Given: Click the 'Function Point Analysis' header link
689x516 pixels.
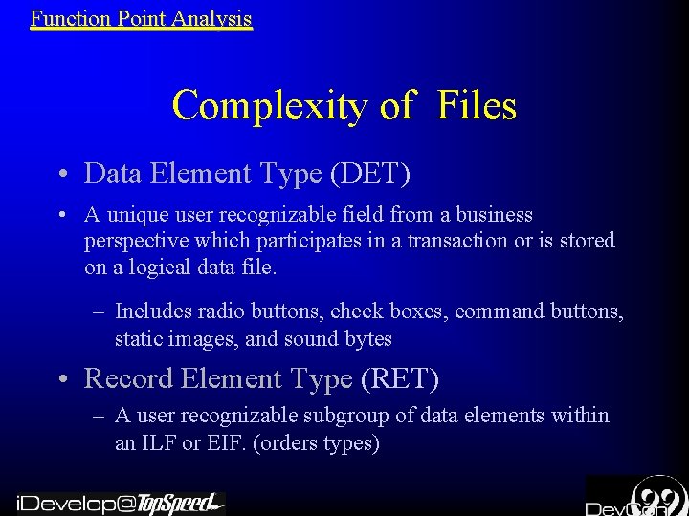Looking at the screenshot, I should point(141,18).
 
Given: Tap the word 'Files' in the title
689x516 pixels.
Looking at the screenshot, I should point(477,105).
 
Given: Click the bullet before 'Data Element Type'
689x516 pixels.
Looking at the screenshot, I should point(60,174).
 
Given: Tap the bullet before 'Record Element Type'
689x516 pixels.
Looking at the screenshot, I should point(60,380).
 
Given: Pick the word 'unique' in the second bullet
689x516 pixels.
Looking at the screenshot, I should point(139,215).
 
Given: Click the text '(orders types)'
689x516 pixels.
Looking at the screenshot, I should point(318,443).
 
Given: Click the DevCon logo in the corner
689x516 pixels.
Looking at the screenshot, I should point(636,497).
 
